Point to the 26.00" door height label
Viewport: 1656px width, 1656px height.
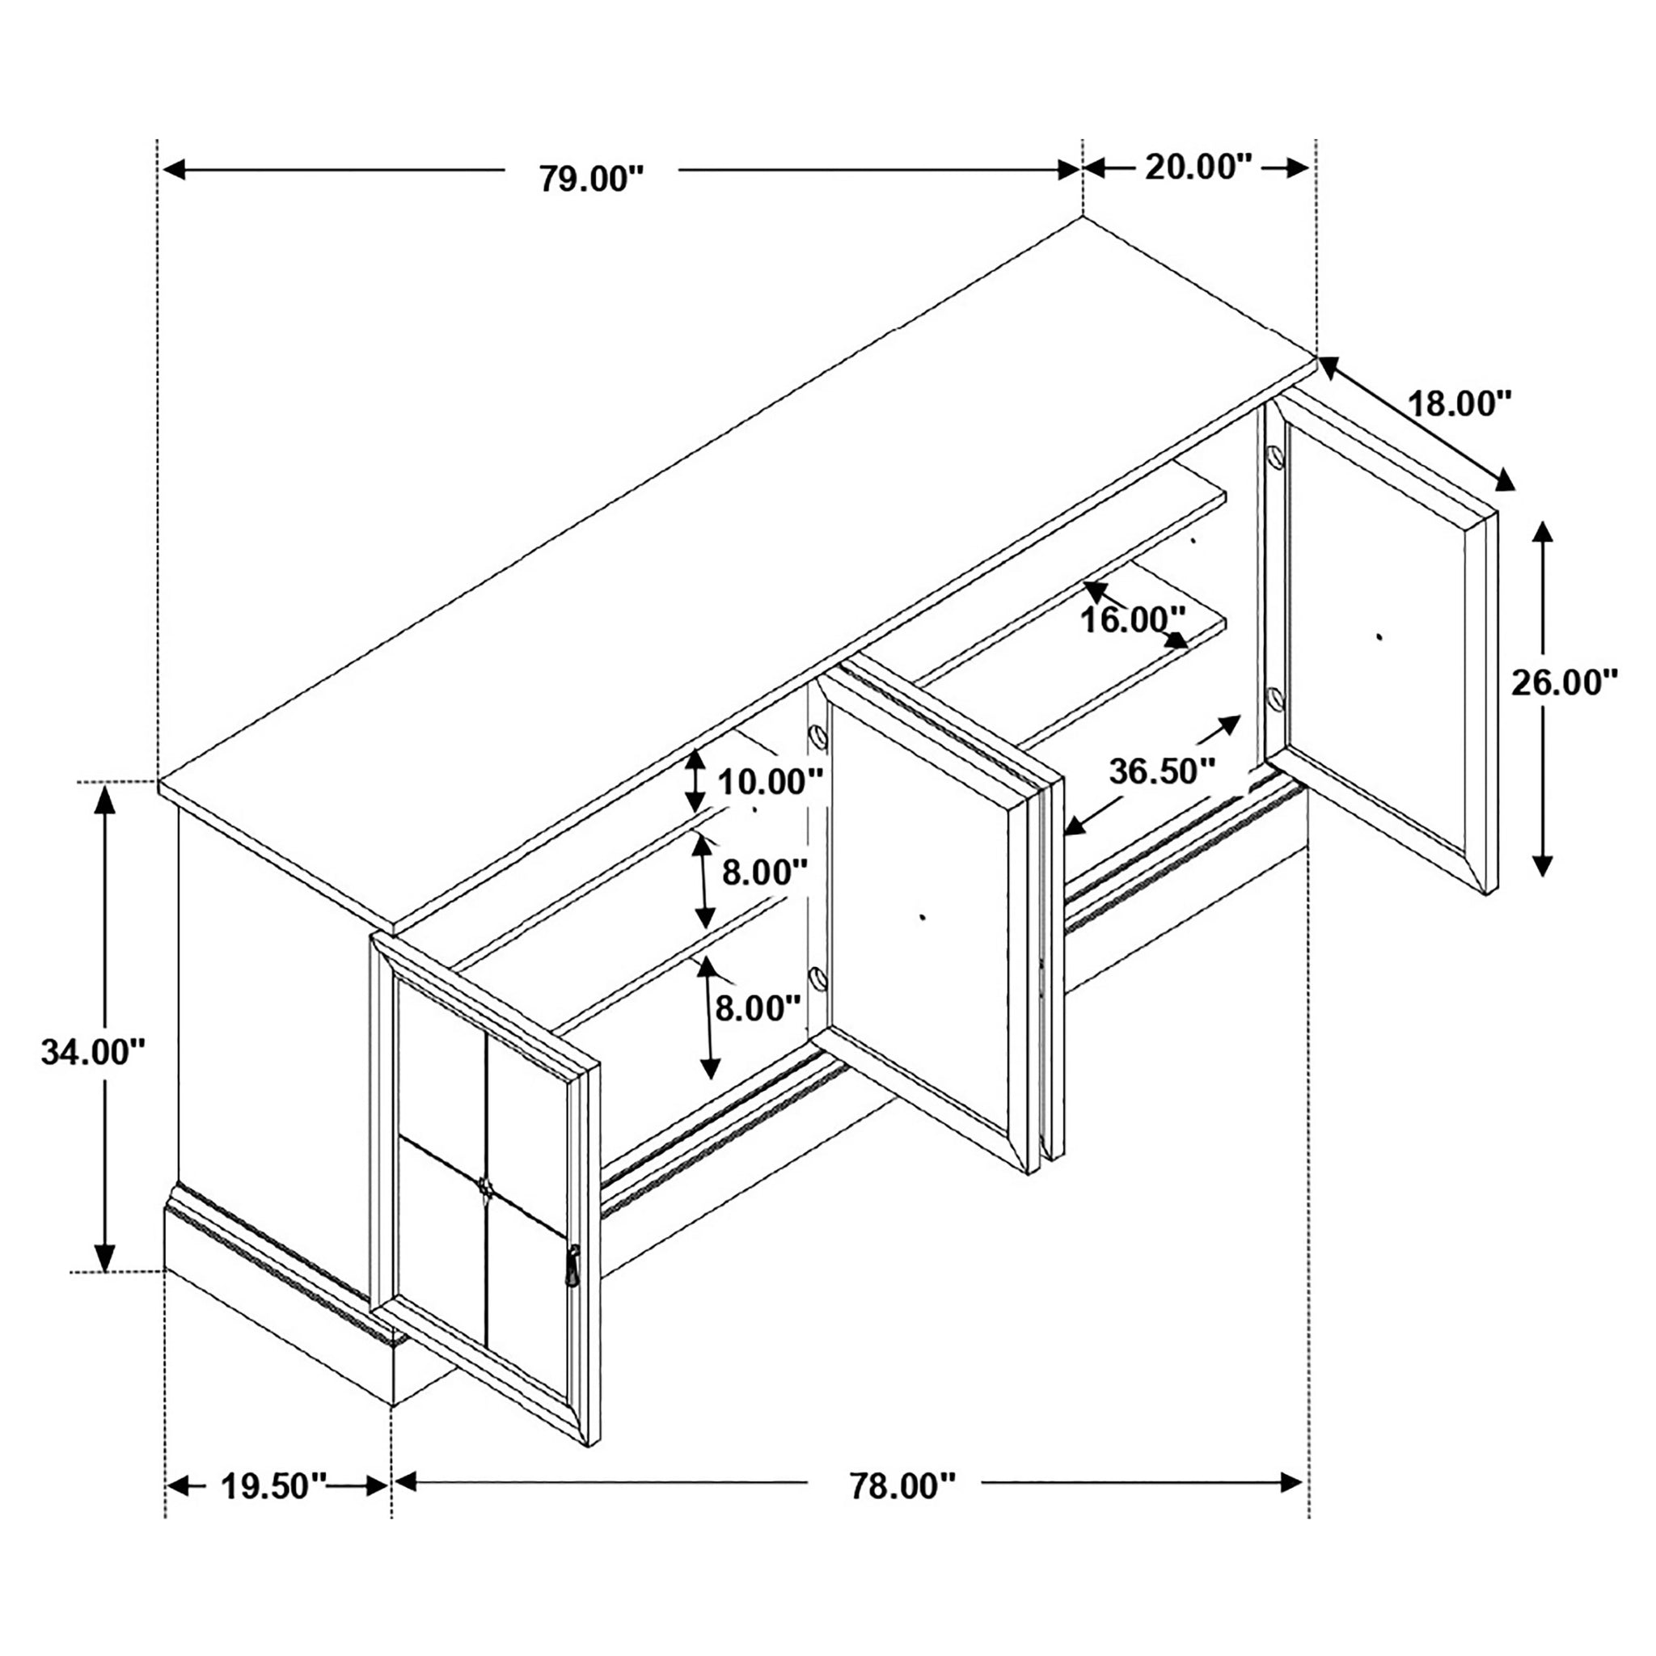click(1564, 683)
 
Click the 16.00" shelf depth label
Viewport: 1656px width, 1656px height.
click(1132, 619)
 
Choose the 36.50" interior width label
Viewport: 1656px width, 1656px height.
click(1162, 772)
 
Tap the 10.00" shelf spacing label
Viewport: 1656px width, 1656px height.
click(771, 782)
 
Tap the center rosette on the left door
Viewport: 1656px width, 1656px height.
click(485, 1188)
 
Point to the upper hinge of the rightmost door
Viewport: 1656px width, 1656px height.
click(1274, 456)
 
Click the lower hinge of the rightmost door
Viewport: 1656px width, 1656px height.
click(1274, 699)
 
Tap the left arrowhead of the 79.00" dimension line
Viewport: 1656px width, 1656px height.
click(175, 170)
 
